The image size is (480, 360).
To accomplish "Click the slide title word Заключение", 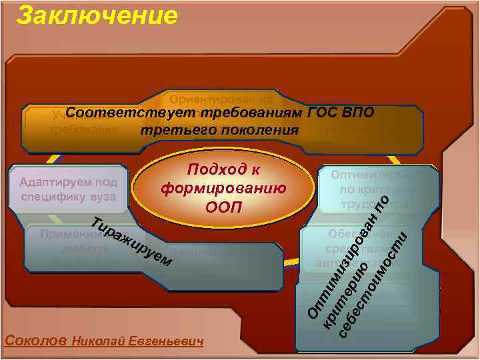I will click(x=97, y=15).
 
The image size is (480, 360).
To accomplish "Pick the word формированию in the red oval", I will click(x=224, y=188).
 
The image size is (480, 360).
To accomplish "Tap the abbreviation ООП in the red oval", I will click(x=224, y=206).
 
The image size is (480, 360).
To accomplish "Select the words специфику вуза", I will click(x=69, y=197).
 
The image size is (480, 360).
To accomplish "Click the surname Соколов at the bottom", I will click(x=35, y=340).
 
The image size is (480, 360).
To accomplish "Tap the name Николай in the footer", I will click(x=97, y=341).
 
